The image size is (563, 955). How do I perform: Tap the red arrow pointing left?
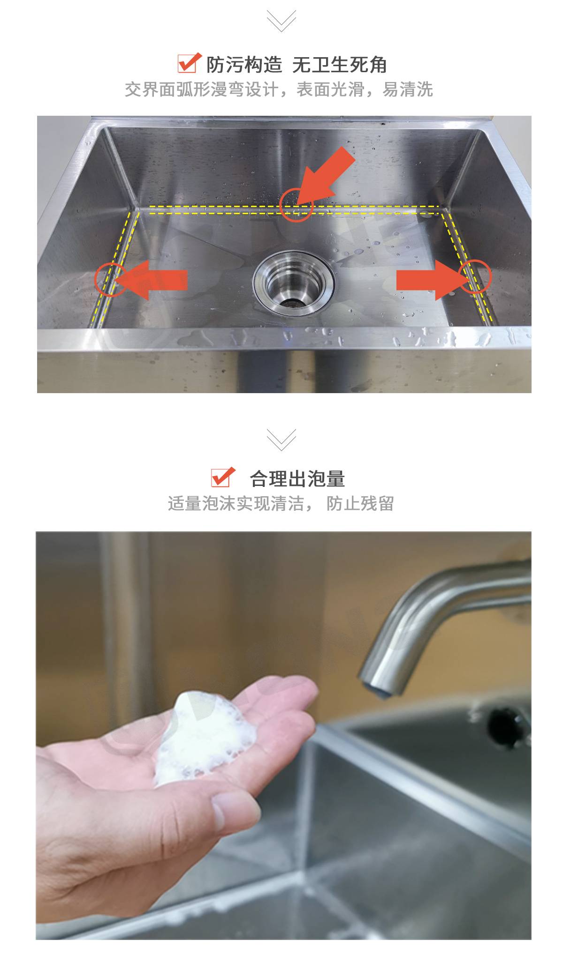150,280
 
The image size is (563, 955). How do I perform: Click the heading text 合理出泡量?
297,478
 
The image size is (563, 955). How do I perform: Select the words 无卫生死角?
340,65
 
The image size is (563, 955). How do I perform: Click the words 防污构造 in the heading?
244,65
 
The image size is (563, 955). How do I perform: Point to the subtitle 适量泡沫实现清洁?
236,503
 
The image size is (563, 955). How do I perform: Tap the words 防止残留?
360,503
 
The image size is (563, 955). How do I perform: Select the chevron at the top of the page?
281,20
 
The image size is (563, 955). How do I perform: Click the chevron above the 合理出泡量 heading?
281,439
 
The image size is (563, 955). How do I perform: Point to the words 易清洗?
408,89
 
